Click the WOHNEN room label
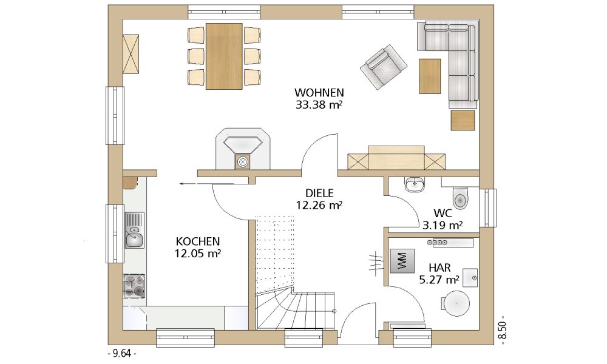[x=319, y=93]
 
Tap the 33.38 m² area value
[x=319, y=105]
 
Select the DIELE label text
[x=319, y=193]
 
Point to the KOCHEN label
[x=198, y=241]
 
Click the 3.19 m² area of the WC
[x=443, y=225]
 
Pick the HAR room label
[x=439, y=268]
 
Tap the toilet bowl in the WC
[x=460, y=198]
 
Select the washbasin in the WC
[x=415, y=184]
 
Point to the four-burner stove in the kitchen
[x=134, y=286]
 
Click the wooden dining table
[x=224, y=56]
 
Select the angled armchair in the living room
[x=384, y=67]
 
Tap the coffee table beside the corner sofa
[x=430, y=76]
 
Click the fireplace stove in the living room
[x=243, y=149]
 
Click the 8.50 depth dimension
[x=503, y=329]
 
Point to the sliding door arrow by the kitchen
[x=206, y=184]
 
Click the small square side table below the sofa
[x=463, y=120]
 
